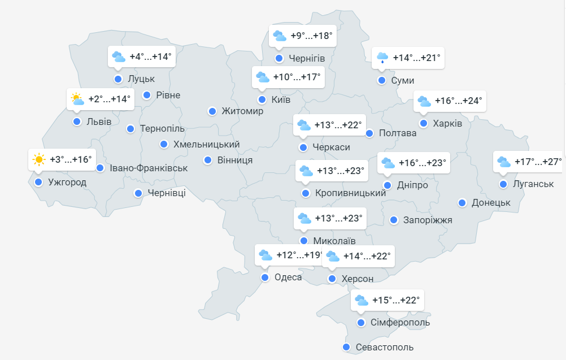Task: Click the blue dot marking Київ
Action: [262, 100]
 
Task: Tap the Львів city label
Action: [99, 122]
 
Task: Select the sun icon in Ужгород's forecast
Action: [39, 159]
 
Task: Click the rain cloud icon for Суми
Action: [383, 58]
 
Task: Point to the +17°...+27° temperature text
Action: [538, 162]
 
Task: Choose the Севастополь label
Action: [385, 347]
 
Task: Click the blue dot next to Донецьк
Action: [462, 203]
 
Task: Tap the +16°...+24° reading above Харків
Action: [458, 101]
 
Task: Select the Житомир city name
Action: [242, 111]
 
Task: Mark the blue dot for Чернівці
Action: [138, 193]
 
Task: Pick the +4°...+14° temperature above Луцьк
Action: [150, 57]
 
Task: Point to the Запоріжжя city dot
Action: [394, 220]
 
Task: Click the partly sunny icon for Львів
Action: [77, 99]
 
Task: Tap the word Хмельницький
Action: [206, 144]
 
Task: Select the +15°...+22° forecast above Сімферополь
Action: [396, 300]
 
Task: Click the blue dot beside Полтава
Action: [369, 133]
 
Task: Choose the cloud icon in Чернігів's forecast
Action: [280, 37]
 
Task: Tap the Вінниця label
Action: [235, 160]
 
